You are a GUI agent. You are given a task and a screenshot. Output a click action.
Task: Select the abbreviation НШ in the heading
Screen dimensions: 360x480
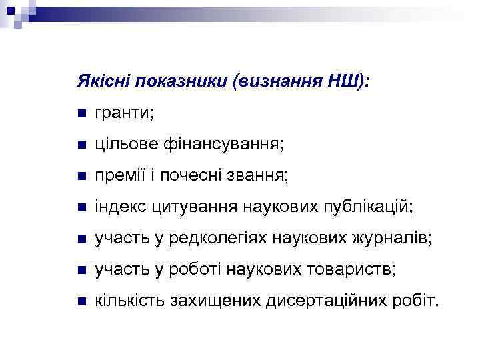pos(343,81)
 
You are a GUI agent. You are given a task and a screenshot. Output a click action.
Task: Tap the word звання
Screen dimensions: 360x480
pos(259,175)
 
